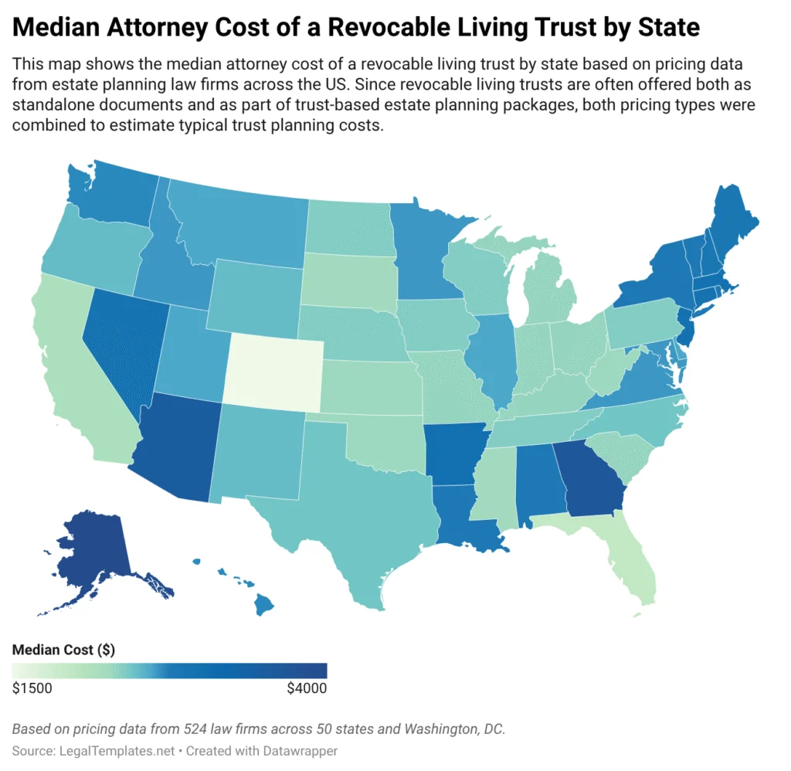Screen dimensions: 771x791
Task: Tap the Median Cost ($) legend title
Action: [x=63, y=650]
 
